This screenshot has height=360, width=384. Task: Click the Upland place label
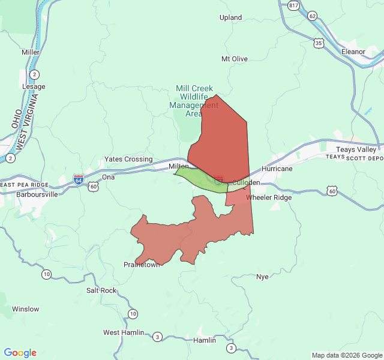(231, 18)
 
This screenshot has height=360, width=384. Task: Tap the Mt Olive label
(235, 59)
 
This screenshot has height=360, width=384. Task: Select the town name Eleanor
(353, 52)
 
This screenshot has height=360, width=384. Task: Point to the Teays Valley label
(356, 149)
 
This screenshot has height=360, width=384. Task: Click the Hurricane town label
(277, 169)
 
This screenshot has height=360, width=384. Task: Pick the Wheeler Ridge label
(269, 197)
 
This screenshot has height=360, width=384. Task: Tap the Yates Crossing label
(128, 159)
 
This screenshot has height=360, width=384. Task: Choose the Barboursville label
(37, 194)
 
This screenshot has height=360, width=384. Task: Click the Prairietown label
(142, 265)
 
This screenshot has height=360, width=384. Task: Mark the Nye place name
(262, 277)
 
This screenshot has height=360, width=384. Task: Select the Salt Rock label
(101, 290)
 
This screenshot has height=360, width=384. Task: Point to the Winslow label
(25, 310)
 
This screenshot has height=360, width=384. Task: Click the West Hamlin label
(124, 332)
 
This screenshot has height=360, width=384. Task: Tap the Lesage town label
(34, 86)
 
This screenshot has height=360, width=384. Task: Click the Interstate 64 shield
(79, 179)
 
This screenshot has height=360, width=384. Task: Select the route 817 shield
(293, 5)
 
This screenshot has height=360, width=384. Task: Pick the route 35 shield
(319, 43)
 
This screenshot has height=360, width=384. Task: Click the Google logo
(20, 353)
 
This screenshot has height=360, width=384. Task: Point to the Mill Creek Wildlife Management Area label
(194, 101)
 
